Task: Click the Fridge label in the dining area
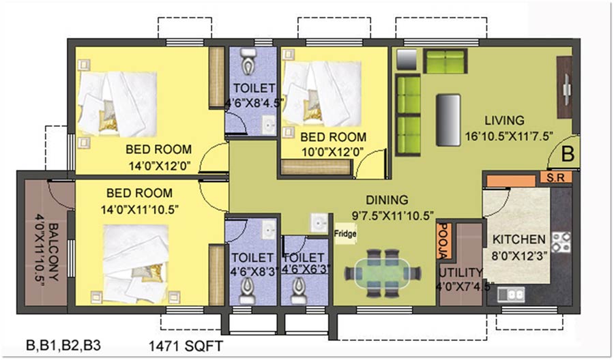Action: point(345,234)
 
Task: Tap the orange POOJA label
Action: point(444,241)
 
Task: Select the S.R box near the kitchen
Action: point(556,177)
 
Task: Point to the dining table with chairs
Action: point(383,273)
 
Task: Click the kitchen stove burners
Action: point(561,242)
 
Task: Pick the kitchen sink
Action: point(511,295)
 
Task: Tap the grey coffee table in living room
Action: point(448,120)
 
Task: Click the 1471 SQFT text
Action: point(186,346)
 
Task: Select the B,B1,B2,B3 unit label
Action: point(63,345)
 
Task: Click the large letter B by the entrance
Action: point(568,154)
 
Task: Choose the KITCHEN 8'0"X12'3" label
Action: point(519,247)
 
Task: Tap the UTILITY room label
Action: point(460,272)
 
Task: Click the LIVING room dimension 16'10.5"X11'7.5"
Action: point(509,136)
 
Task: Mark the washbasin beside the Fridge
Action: point(319,224)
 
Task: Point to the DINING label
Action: point(387,200)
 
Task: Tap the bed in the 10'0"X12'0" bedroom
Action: point(321,93)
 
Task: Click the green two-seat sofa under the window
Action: point(445,61)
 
